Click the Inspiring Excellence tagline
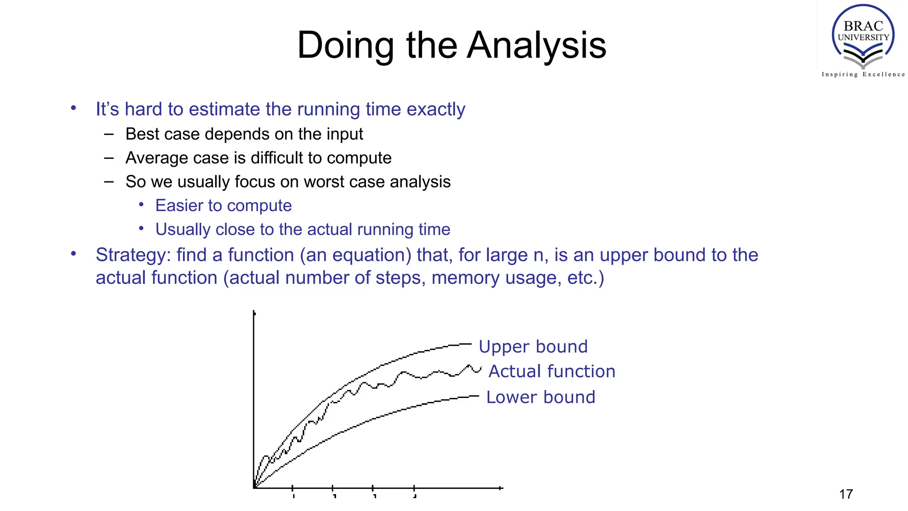click(x=863, y=75)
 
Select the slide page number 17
click(x=846, y=494)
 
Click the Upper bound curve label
click(x=533, y=346)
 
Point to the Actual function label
click(x=552, y=371)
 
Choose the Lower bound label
click(x=540, y=397)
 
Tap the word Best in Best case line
click(x=141, y=134)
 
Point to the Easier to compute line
click(x=223, y=206)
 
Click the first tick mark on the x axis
click(x=293, y=488)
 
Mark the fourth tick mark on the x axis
click(x=414, y=488)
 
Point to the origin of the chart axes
click(x=254, y=488)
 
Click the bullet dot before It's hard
click(x=74, y=108)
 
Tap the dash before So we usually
click(x=109, y=182)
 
